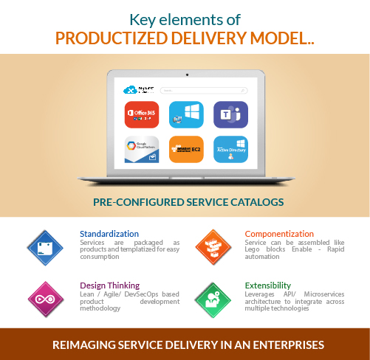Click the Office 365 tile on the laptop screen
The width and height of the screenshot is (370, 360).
[142, 114]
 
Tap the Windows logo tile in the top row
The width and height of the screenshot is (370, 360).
[186, 114]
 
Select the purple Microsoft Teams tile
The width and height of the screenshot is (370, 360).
[230, 114]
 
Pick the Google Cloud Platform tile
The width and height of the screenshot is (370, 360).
[142, 150]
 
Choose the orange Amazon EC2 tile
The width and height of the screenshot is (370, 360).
[186, 150]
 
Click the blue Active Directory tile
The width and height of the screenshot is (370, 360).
[230, 150]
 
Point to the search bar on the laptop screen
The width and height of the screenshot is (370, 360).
[204, 91]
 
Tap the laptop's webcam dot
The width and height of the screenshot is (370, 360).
[186, 75]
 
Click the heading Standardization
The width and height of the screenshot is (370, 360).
[109, 234]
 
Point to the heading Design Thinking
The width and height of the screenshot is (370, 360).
[109, 284]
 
